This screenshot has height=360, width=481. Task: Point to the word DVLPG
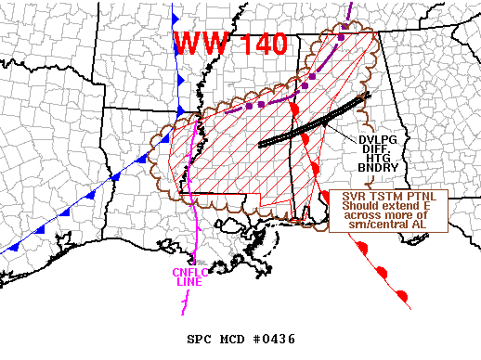tap(377, 140)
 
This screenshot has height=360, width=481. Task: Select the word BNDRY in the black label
tap(377, 168)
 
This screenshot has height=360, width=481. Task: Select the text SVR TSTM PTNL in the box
tap(390, 197)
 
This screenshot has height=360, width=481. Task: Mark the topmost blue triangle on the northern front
tap(176, 19)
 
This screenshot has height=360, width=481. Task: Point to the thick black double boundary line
tap(316, 121)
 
